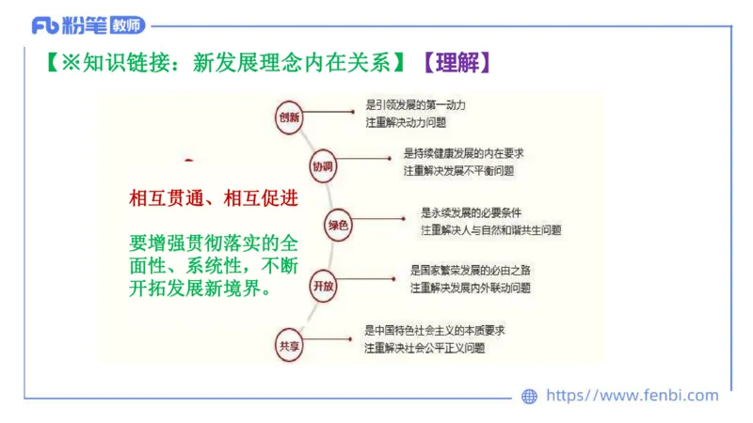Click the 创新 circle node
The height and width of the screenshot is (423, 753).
pyautogui.click(x=288, y=117)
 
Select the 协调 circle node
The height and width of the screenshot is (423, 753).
pyautogui.click(x=322, y=166)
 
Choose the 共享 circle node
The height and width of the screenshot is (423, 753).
pyautogui.click(x=288, y=345)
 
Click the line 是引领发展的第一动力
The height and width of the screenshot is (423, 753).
pyautogui.click(x=415, y=104)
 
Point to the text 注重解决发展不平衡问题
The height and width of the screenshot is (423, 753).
pyautogui.click(x=459, y=171)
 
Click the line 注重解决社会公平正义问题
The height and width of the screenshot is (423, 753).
pyautogui.click(x=425, y=348)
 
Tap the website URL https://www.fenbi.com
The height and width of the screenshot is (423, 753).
pyautogui.click(x=632, y=396)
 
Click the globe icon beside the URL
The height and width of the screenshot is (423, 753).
pyautogui.click(x=529, y=397)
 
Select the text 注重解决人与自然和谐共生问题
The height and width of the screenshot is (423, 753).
pyautogui.click(x=490, y=229)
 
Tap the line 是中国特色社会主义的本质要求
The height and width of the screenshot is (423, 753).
pyautogui.click(x=436, y=330)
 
